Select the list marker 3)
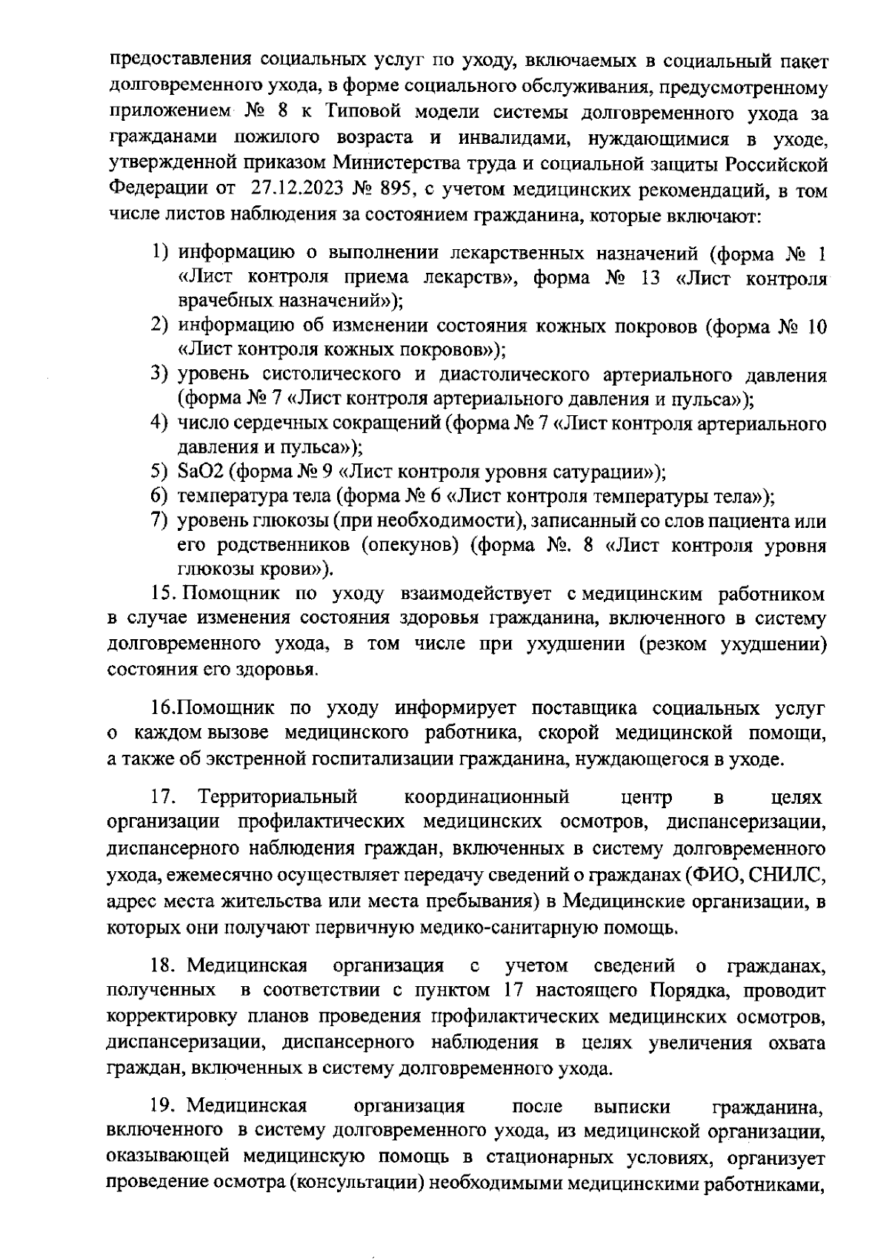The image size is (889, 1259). (x=162, y=374)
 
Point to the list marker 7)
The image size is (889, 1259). (x=162, y=521)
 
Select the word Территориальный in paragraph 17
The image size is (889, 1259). (x=278, y=797)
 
